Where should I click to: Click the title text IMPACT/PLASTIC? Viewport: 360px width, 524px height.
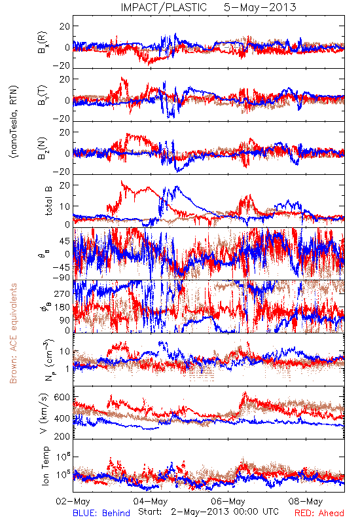164,7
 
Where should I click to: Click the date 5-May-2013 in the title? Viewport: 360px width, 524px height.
260,7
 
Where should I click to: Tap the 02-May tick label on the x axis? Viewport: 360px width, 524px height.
73,501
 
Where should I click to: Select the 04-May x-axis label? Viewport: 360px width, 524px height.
151,501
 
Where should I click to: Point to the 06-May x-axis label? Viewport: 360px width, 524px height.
228,501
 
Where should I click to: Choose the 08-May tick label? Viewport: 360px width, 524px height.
306,501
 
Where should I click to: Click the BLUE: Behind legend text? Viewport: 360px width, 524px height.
101,513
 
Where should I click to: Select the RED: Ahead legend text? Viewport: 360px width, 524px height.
319,513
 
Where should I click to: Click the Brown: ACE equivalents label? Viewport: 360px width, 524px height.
13,333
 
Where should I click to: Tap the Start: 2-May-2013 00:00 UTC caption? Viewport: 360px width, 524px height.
208,512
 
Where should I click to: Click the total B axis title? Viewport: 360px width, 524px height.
48,201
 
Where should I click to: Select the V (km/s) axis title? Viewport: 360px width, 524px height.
44,413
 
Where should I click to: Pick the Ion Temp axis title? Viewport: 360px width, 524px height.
45,466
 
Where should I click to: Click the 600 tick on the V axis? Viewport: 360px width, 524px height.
62,398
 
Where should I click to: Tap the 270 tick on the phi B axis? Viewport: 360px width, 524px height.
62,293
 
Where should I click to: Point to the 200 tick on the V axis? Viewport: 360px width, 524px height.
62,436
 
